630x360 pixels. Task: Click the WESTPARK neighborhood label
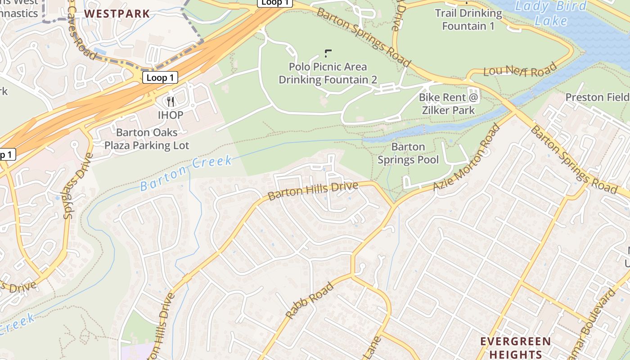(117, 13)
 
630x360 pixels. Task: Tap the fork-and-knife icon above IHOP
(171, 101)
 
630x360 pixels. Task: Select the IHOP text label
(171, 115)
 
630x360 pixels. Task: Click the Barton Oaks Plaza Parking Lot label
(147, 139)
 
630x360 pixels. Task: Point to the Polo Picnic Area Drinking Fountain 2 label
(328, 73)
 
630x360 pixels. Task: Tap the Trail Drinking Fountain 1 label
(468, 19)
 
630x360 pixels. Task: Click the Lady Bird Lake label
(551, 13)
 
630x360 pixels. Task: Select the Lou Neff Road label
(520, 71)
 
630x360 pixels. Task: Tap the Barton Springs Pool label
(408, 153)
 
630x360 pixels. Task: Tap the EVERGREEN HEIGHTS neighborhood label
(515, 347)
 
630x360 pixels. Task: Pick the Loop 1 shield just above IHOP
(160, 77)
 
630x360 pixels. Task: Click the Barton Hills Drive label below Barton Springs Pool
(313, 191)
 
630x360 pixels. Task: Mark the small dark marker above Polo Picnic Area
(327, 53)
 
